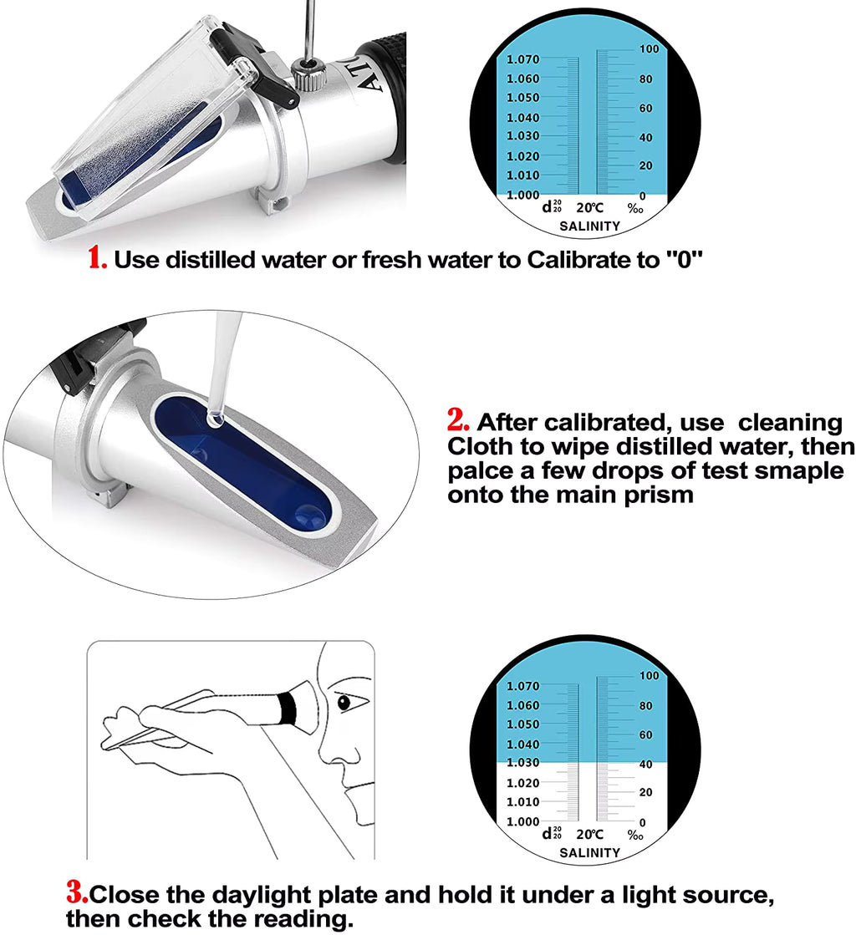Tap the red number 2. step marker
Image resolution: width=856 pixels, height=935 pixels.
click(x=461, y=420)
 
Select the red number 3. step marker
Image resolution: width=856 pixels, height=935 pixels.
click(x=77, y=893)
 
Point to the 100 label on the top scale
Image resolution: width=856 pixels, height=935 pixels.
click(x=649, y=49)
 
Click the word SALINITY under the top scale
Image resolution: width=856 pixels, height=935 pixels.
click(x=589, y=226)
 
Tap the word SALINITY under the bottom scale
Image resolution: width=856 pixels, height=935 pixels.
click(x=589, y=852)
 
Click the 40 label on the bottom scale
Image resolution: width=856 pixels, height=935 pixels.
click(x=645, y=764)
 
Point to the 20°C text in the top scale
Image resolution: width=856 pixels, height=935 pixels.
click(x=588, y=208)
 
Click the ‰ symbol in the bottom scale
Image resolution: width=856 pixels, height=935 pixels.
click(x=635, y=835)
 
